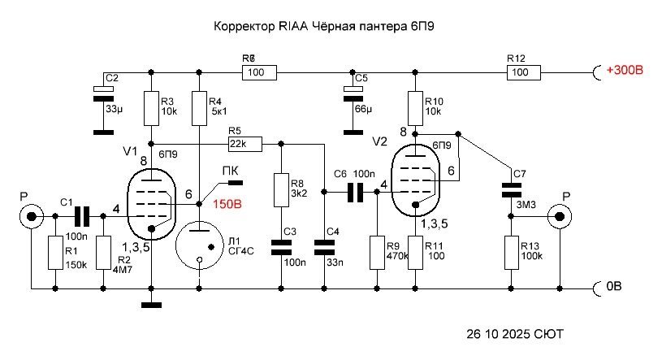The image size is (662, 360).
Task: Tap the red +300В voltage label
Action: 624,72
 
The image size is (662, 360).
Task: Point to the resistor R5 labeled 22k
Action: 244,145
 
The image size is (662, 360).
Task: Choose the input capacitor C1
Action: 80,216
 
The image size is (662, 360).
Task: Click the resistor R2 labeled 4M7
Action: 103,252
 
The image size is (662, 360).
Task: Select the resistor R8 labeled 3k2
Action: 281,189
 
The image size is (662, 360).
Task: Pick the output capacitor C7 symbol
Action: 511,189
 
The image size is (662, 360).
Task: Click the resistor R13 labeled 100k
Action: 511,252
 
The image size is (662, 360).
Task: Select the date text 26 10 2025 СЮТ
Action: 514,334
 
